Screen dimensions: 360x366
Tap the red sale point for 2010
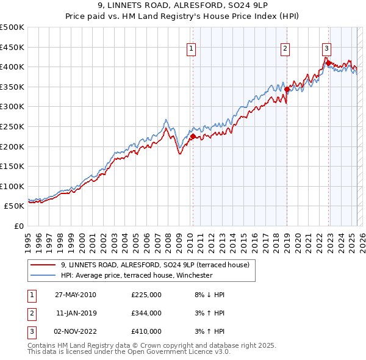(193, 137)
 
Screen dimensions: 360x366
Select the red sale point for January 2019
(287, 89)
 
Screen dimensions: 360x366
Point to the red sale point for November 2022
(328, 62)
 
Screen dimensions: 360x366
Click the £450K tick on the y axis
(12, 47)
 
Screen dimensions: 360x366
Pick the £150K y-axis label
(12, 166)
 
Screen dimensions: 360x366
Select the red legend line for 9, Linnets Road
(43, 265)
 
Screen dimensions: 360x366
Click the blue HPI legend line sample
(43, 275)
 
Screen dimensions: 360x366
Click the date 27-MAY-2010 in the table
(76, 295)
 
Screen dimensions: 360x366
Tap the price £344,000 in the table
(146, 313)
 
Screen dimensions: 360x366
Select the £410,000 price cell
(146, 331)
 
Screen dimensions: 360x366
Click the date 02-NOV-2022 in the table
(76, 331)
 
